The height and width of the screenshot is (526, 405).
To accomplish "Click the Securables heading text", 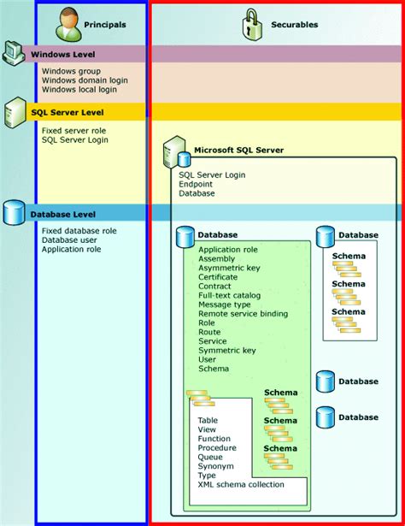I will (x=295, y=25).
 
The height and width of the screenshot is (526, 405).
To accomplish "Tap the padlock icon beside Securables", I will (x=250, y=22).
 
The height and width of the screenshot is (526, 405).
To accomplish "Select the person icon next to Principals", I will (x=68, y=23).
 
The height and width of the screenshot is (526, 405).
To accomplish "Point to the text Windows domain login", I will (x=85, y=80).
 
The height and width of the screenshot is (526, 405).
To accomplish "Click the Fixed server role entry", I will (x=73, y=129).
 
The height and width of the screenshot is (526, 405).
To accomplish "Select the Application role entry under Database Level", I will (x=71, y=250).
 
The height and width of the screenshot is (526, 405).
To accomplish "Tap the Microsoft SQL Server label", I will (x=238, y=151).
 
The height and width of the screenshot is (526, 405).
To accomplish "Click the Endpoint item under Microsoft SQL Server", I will (x=197, y=184).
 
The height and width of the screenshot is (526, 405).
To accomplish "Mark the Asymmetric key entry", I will (x=229, y=268).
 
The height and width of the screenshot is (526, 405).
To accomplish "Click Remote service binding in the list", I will (x=243, y=314).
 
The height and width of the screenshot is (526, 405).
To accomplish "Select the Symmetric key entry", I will (x=226, y=351).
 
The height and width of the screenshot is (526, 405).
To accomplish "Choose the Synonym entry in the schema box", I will (x=216, y=466).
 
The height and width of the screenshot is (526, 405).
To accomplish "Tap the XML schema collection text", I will (x=241, y=485).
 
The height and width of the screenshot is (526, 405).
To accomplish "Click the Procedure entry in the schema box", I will (x=217, y=448).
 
